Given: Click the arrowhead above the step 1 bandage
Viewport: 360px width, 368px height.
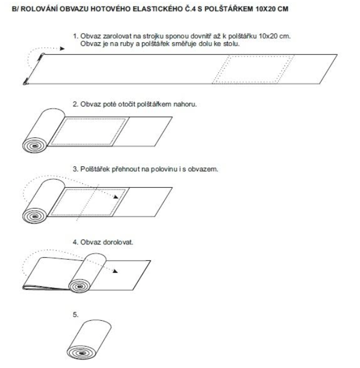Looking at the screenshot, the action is click(x=62, y=48).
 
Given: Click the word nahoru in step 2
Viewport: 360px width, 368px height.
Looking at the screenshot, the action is click(x=185, y=104).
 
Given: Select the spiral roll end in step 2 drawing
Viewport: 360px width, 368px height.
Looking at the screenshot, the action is click(x=35, y=146).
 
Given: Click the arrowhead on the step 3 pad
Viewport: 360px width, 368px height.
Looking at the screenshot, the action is click(x=116, y=197).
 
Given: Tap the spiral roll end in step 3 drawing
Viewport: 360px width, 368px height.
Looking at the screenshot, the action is click(x=35, y=216).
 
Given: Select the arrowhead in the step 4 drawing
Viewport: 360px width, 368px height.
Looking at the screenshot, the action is click(x=115, y=271).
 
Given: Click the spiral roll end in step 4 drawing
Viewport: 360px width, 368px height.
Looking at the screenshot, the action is click(x=80, y=286).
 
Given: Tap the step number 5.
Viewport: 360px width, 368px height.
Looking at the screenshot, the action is click(x=76, y=315).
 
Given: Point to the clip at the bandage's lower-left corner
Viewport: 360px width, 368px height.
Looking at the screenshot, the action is click(x=26, y=82).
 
